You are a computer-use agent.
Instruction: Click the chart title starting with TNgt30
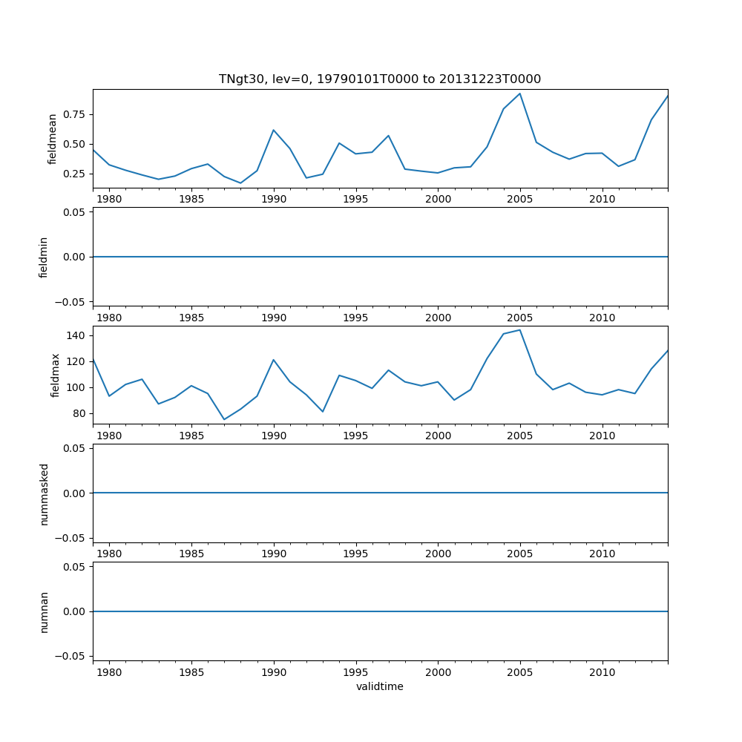pyautogui.click(x=379, y=79)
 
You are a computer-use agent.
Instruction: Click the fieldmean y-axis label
pyautogui.click(x=53, y=139)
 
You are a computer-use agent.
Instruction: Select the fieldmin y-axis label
pyautogui.click(x=44, y=257)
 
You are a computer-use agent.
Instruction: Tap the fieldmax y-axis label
pyautogui.click(x=54, y=375)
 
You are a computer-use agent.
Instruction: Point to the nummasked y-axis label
pyautogui.click(x=44, y=493)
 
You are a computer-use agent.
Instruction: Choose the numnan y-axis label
pyautogui.click(x=44, y=611)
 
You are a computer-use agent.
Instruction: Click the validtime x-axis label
pyautogui.click(x=379, y=687)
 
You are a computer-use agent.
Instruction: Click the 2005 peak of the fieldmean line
pyautogui.click(x=519, y=93)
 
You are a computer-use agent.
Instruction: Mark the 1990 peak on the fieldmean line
pyautogui.click(x=274, y=130)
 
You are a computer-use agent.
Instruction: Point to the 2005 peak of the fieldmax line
pyautogui.click(x=519, y=330)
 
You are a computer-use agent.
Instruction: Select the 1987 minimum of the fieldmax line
pyautogui.click(x=224, y=420)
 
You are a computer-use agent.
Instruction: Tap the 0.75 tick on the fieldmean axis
pyautogui.click(x=75, y=114)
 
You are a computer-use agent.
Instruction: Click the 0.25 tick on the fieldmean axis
pyautogui.click(x=75, y=174)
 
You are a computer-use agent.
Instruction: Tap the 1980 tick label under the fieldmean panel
pyautogui.click(x=109, y=200)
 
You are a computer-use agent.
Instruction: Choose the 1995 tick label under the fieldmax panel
pyautogui.click(x=356, y=436)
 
